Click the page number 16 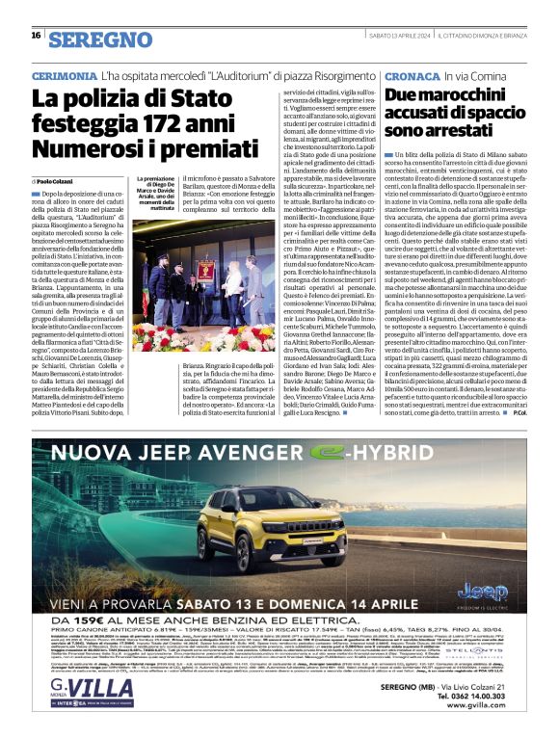35,36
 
